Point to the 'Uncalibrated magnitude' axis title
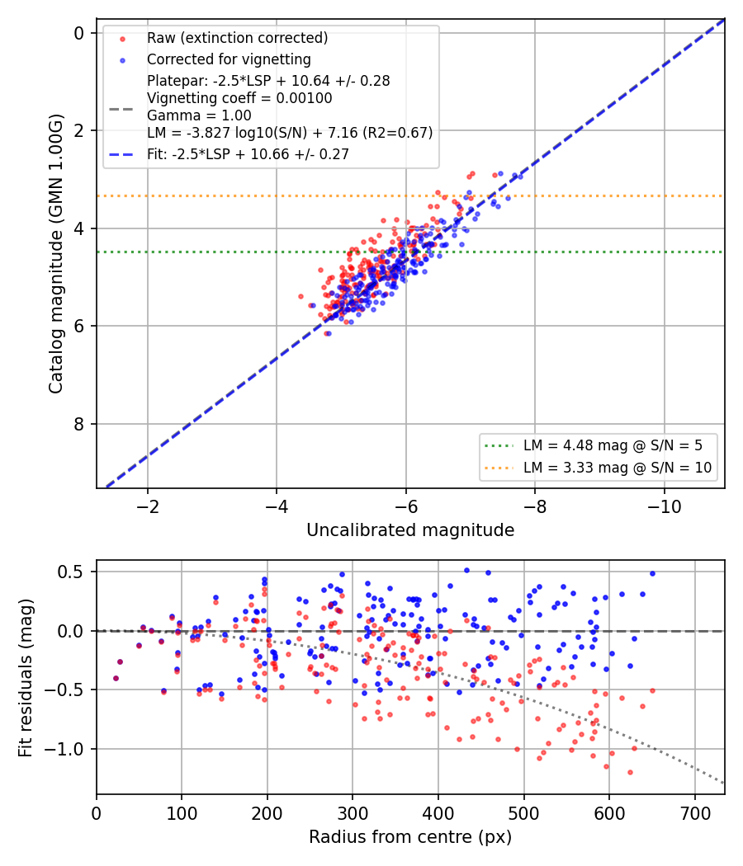(410, 530)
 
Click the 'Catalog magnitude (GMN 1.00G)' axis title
(56, 254)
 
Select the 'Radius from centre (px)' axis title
(410, 837)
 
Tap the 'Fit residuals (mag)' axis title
(26, 678)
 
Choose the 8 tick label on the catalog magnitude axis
(79, 424)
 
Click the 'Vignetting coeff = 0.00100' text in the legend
(239, 98)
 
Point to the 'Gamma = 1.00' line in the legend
(199, 115)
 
